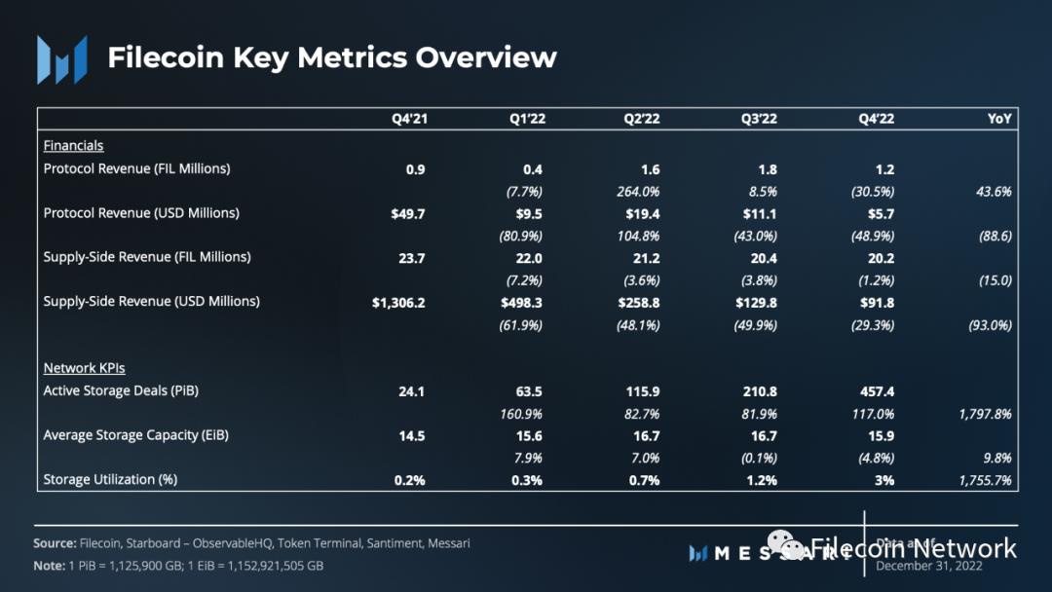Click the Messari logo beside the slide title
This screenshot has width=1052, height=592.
tap(61, 58)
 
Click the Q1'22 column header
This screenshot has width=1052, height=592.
tap(526, 120)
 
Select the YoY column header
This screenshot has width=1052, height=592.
tap(999, 120)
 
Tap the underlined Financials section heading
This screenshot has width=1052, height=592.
tap(73, 146)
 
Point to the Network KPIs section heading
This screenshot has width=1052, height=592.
tap(84, 368)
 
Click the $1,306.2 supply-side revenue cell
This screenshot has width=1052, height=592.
tap(398, 303)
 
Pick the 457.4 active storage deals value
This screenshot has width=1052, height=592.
tap(875, 391)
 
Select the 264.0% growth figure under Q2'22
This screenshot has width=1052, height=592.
tap(639, 192)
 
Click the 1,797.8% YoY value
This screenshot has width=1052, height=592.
tap(985, 414)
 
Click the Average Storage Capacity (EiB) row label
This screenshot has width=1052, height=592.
tap(135, 435)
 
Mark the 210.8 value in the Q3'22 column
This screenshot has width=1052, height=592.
tap(758, 391)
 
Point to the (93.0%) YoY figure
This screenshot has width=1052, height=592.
tap(989, 325)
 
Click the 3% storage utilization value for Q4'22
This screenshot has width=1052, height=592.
tap(884, 480)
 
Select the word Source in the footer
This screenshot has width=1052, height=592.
tap(55, 543)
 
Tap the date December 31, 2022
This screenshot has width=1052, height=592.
tap(929, 566)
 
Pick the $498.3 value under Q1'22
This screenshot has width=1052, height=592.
tap(522, 303)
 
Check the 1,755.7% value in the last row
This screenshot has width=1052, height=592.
tap(985, 480)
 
